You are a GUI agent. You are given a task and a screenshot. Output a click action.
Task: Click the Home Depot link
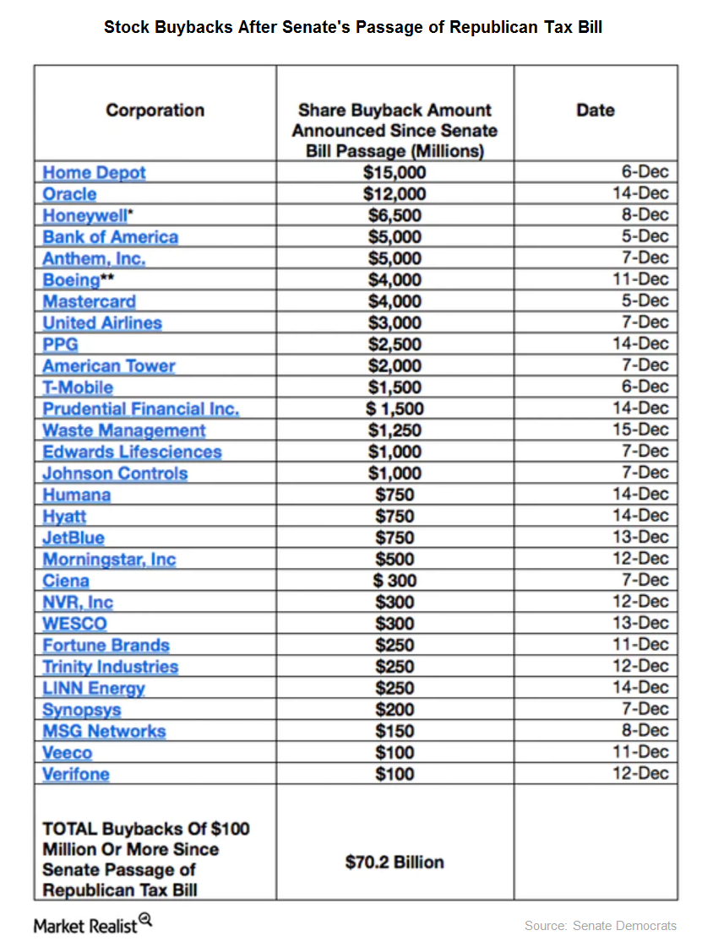(94, 172)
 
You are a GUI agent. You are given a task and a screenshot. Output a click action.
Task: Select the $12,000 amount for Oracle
(395, 194)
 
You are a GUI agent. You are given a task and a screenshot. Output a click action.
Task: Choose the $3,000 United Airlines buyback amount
(395, 323)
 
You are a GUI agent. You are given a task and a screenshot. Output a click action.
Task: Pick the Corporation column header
(155, 111)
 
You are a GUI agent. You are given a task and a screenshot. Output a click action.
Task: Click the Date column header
(595, 111)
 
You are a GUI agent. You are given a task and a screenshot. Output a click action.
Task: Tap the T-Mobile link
(78, 387)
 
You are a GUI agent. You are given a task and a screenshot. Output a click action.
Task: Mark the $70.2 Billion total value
(395, 863)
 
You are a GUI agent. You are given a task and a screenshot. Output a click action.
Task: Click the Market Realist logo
(92, 925)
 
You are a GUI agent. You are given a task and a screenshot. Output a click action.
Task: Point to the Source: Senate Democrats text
(600, 926)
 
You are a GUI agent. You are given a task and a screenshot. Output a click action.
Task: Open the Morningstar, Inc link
(109, 560)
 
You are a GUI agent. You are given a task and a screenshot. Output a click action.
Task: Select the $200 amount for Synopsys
(395, 710)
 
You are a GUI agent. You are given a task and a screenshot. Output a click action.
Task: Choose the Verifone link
(76, 774)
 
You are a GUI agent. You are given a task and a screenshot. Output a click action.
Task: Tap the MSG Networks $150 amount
(395, 731)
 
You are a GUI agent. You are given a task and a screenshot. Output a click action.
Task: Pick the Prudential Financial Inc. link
(141, 409)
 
